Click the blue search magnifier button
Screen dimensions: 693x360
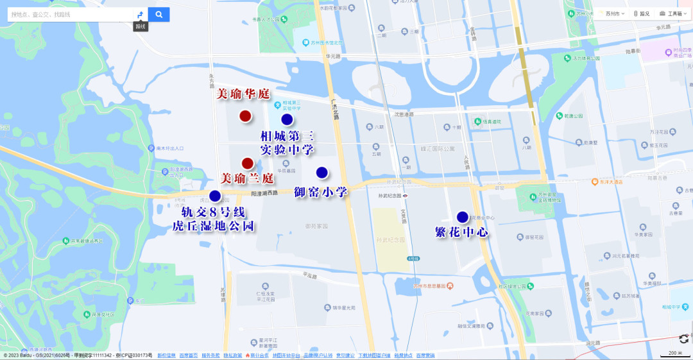(x=158, y=14)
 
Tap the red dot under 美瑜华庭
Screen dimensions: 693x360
(x=245, y=116)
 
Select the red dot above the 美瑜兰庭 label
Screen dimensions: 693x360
(x=247, y=163)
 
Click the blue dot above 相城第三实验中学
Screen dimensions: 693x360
(x=287, y=119)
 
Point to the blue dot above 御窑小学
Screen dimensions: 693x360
(x=322, y=172)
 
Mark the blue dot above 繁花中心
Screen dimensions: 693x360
(x=463, y=217)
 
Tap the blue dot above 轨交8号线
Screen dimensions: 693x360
(x=215, y=196)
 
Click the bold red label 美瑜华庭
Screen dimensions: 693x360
(x=243, y=94)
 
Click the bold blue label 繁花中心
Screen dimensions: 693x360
(x=462, y=232)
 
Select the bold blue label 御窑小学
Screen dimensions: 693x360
(x=321, y=192)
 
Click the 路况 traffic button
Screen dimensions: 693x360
(x=642, y=13)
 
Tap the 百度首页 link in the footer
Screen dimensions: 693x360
(x=188, y=356)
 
